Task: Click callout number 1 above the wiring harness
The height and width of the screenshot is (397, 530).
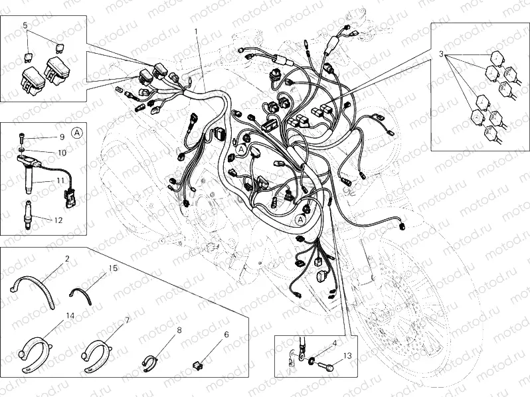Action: pyautogui.click(x=196, y=31)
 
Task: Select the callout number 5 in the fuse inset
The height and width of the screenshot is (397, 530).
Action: pyautogui.click(x=25, y=25)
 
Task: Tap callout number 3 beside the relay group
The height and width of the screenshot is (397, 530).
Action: pyautogui.click(x=440, y=52)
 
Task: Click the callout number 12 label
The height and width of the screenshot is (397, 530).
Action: pyautogui.click(x=57, y=220)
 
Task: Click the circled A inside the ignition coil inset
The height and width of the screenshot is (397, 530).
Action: pyautogui.click(x=78, y=132)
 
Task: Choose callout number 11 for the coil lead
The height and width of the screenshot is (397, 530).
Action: pyautogui.click(x=58, y=180)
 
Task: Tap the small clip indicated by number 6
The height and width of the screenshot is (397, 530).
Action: pyautogui.click(x=197, y=364)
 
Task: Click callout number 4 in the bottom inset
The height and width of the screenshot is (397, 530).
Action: pyautogui.click(x=335, y=343)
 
